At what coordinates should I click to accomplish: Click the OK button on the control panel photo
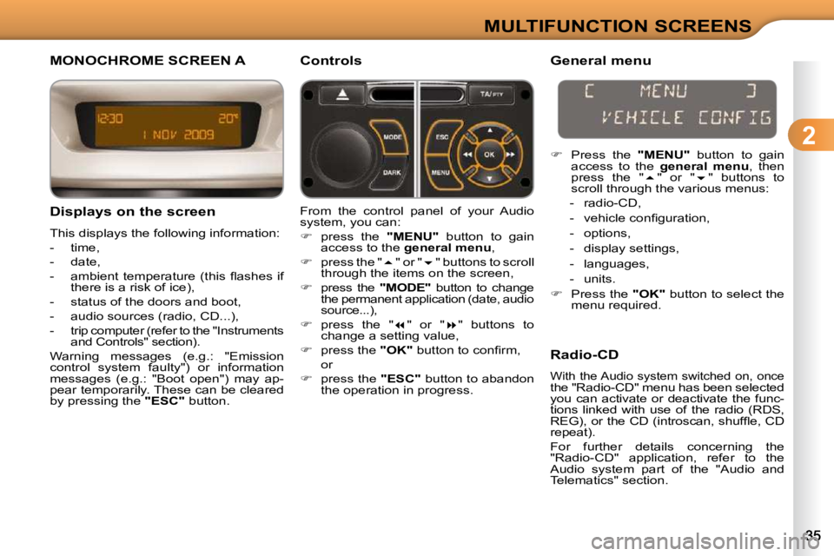click(489, 155)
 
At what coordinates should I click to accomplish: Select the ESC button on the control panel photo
click(442, 138)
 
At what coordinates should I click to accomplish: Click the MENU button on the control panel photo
click(442, 172)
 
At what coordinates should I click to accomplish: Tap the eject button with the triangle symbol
click(342, 95)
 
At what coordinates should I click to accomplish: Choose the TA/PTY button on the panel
click(491, 95)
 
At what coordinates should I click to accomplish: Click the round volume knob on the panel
click(343, 154)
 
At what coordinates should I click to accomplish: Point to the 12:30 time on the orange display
click(109, 118)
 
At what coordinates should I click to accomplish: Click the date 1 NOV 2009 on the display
click(178, 135)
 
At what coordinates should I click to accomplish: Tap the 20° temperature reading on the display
click(228, 117)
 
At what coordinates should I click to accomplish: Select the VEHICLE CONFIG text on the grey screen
click(685, 117)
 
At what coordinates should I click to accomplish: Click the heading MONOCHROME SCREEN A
click(148, 61)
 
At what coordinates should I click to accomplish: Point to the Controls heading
click(331, 61)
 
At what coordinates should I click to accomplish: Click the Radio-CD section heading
click(585, 354)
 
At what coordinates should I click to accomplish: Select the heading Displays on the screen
click(132, 212)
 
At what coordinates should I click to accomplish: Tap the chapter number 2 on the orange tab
click(809, 136)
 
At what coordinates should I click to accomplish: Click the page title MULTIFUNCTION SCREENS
click(618, 25)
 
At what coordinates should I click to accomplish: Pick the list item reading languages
click(616, 264)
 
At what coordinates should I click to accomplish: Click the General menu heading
click(600, 61)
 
